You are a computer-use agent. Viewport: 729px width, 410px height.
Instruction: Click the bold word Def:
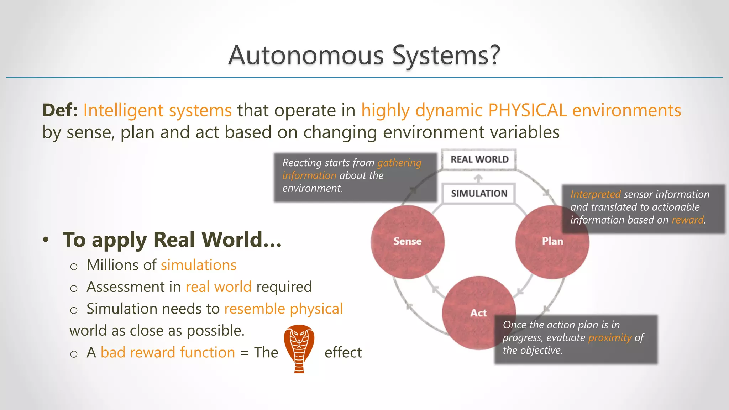click(x=60, y=110)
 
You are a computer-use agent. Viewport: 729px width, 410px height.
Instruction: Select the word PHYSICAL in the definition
click(x=527, y=110)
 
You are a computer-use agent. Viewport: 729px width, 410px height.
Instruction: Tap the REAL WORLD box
click(x=479, y=159)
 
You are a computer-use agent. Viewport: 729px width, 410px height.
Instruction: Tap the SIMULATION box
click(x=479, y=194)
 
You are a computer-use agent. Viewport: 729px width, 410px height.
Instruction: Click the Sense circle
click(x=407, y=242)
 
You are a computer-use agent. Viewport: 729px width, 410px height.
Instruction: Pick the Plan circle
click(x=552, y=242)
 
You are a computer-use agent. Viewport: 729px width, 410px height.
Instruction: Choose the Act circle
click(x=478, y=313)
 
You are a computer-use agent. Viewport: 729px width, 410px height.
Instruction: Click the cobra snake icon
click(x=299, y=348)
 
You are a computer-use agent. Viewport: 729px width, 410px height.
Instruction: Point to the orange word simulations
click(x=199, y=265)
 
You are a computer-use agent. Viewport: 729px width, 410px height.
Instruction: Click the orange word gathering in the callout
click(x=399, y=163)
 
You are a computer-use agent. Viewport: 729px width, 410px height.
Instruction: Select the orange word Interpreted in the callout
click(x=595, y=194)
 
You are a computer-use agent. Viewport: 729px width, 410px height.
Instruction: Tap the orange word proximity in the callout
click(x=610, y=337)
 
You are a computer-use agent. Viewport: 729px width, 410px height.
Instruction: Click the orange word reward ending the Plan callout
click(x=687, y=220)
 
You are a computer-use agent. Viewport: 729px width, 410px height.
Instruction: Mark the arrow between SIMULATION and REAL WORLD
click(x=478, y=178)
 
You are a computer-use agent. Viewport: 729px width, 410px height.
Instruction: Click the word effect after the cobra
click(x=343, y=353)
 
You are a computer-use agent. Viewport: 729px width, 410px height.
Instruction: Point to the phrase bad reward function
click(x=168, y=353)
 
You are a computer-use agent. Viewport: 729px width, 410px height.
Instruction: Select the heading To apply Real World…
click(x=172, y=240)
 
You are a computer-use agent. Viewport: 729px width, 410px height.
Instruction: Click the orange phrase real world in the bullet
click(x=219, y=287)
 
